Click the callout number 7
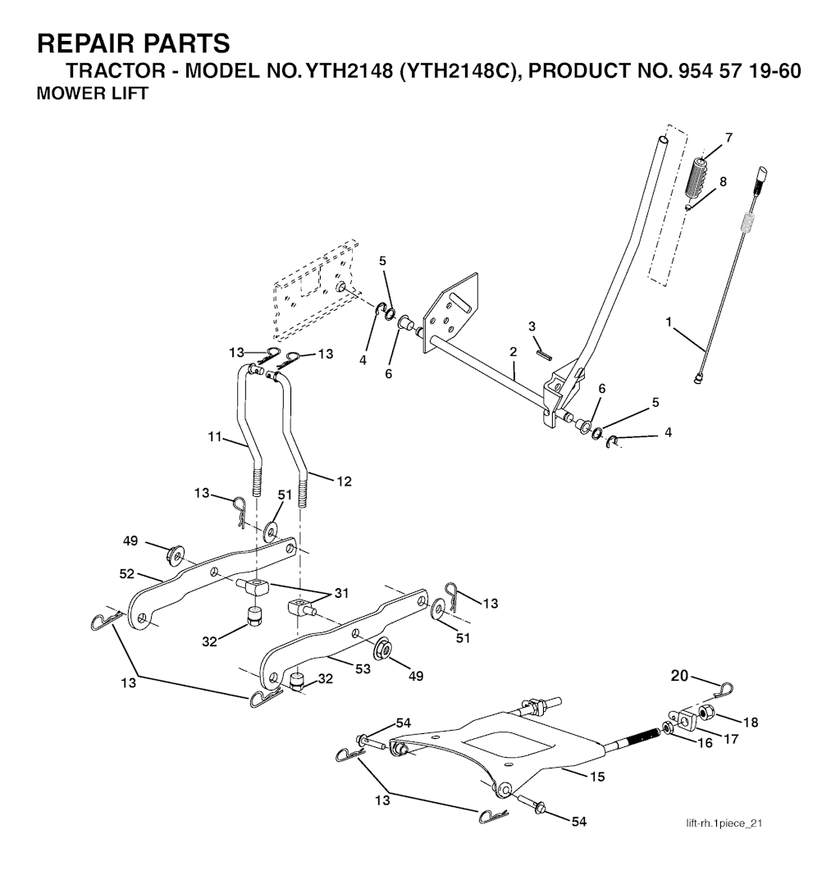coord(729,137)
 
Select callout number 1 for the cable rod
coord(669,321)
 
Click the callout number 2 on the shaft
coord(514,352)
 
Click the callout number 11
coord(215,436)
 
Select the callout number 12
coord(345,481)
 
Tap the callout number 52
coord(127,573)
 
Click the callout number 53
coord(363,668)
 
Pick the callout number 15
coord(597,776)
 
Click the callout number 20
coord(679,676)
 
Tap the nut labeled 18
coord(707,712)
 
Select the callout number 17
coord(731,738)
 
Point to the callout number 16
coord(705,743)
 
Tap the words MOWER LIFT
coord(92,93)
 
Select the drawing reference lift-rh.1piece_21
coord(724,823)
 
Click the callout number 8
coord(723,181)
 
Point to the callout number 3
coord(532,326)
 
